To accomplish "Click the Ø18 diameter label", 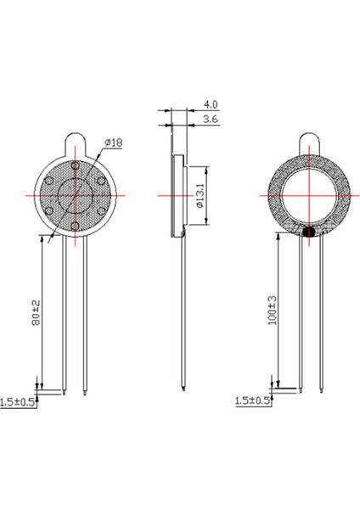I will (x=113, y=143).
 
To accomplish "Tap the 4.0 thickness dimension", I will (x=208, y=106).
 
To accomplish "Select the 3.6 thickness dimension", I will (x=208, y=120).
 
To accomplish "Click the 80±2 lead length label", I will (x=34, y=313).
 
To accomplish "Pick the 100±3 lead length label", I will (x=271, y=310).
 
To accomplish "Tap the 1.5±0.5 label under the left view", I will (x=18, y=401).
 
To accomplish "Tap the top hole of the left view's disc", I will (x=75, y=165).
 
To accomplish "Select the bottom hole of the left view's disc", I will (x=75, y=225).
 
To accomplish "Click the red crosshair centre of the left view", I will (x=75, y=195).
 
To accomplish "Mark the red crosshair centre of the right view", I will (x=309, y=195).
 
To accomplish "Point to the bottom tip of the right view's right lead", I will (x=322, y=392).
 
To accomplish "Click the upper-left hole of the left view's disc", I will (x=49, y=180).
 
